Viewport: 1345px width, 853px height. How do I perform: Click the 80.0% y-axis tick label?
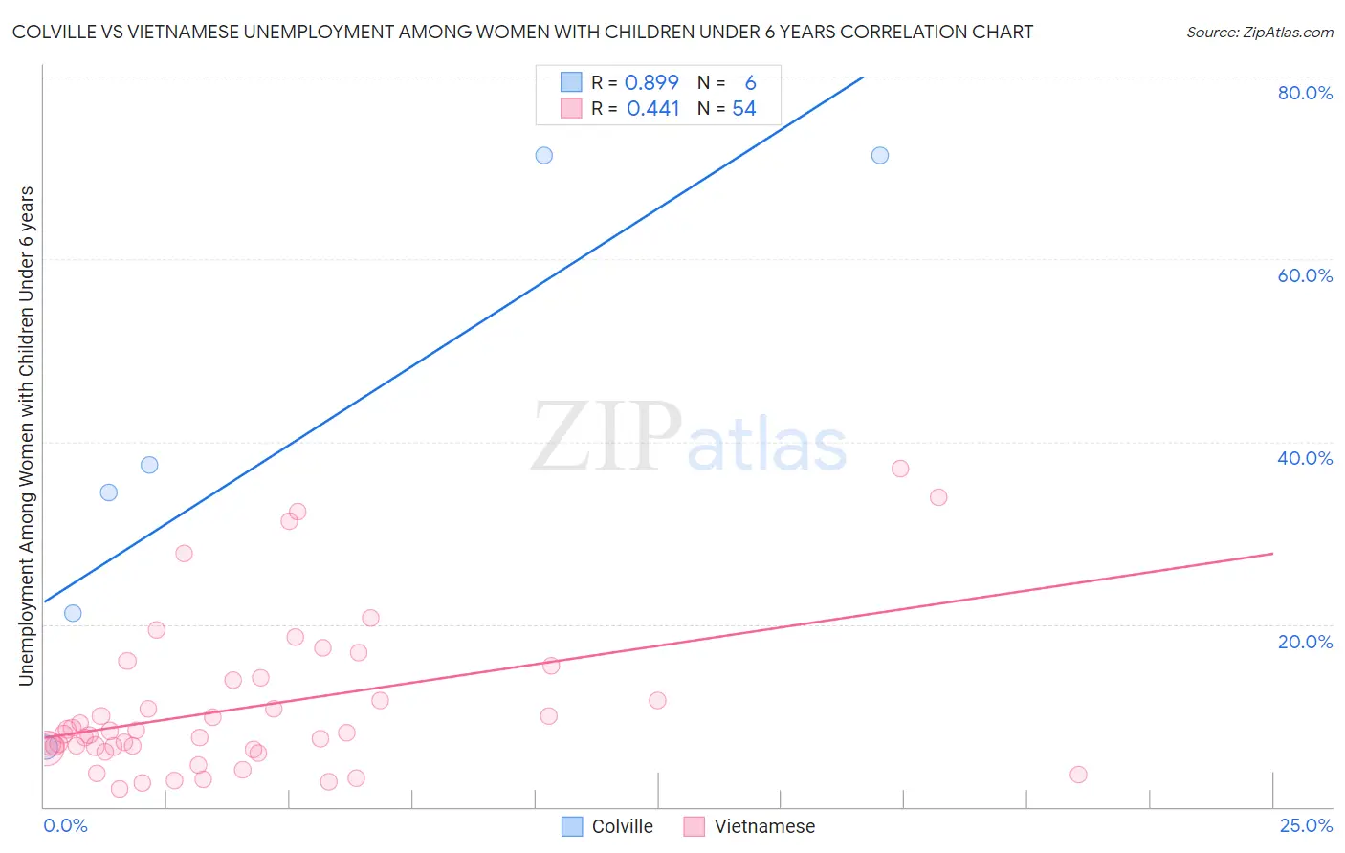coord(1305,93)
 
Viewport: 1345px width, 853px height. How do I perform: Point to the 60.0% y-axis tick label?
coord(1305,275)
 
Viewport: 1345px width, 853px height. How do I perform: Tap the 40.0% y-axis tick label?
coord(1305,458)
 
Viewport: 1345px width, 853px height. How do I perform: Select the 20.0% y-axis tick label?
coord(1305,642)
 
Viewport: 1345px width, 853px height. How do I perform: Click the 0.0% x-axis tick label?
coord(65,825)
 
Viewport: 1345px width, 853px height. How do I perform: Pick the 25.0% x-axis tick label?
coord(1306,825)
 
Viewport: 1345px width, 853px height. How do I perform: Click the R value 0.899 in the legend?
coord(651,82)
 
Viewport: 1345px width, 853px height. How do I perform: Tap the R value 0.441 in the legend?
coord(652,108)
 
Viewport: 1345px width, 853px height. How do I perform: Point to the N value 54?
coord(744,108)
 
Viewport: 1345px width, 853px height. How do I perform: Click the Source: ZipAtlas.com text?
coord(1260,32)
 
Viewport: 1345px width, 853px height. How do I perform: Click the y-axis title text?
coord(26,435)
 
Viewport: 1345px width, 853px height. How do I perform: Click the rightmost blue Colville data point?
coord(880,155)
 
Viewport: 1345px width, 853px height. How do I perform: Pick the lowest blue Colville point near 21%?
coord(73,613)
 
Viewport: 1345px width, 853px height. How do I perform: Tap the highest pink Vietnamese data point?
coord(900,469)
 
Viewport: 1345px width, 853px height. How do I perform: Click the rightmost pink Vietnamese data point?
coord(1078,775)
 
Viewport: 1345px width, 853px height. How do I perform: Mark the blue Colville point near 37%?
coord(149,465)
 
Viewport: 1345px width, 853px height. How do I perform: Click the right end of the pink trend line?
coord(1272,554)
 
